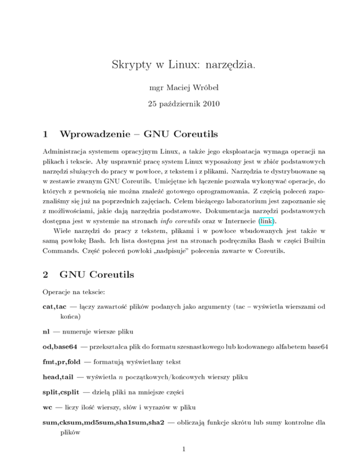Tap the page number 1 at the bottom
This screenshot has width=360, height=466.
pyautogui.click(x=180, y=453)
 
